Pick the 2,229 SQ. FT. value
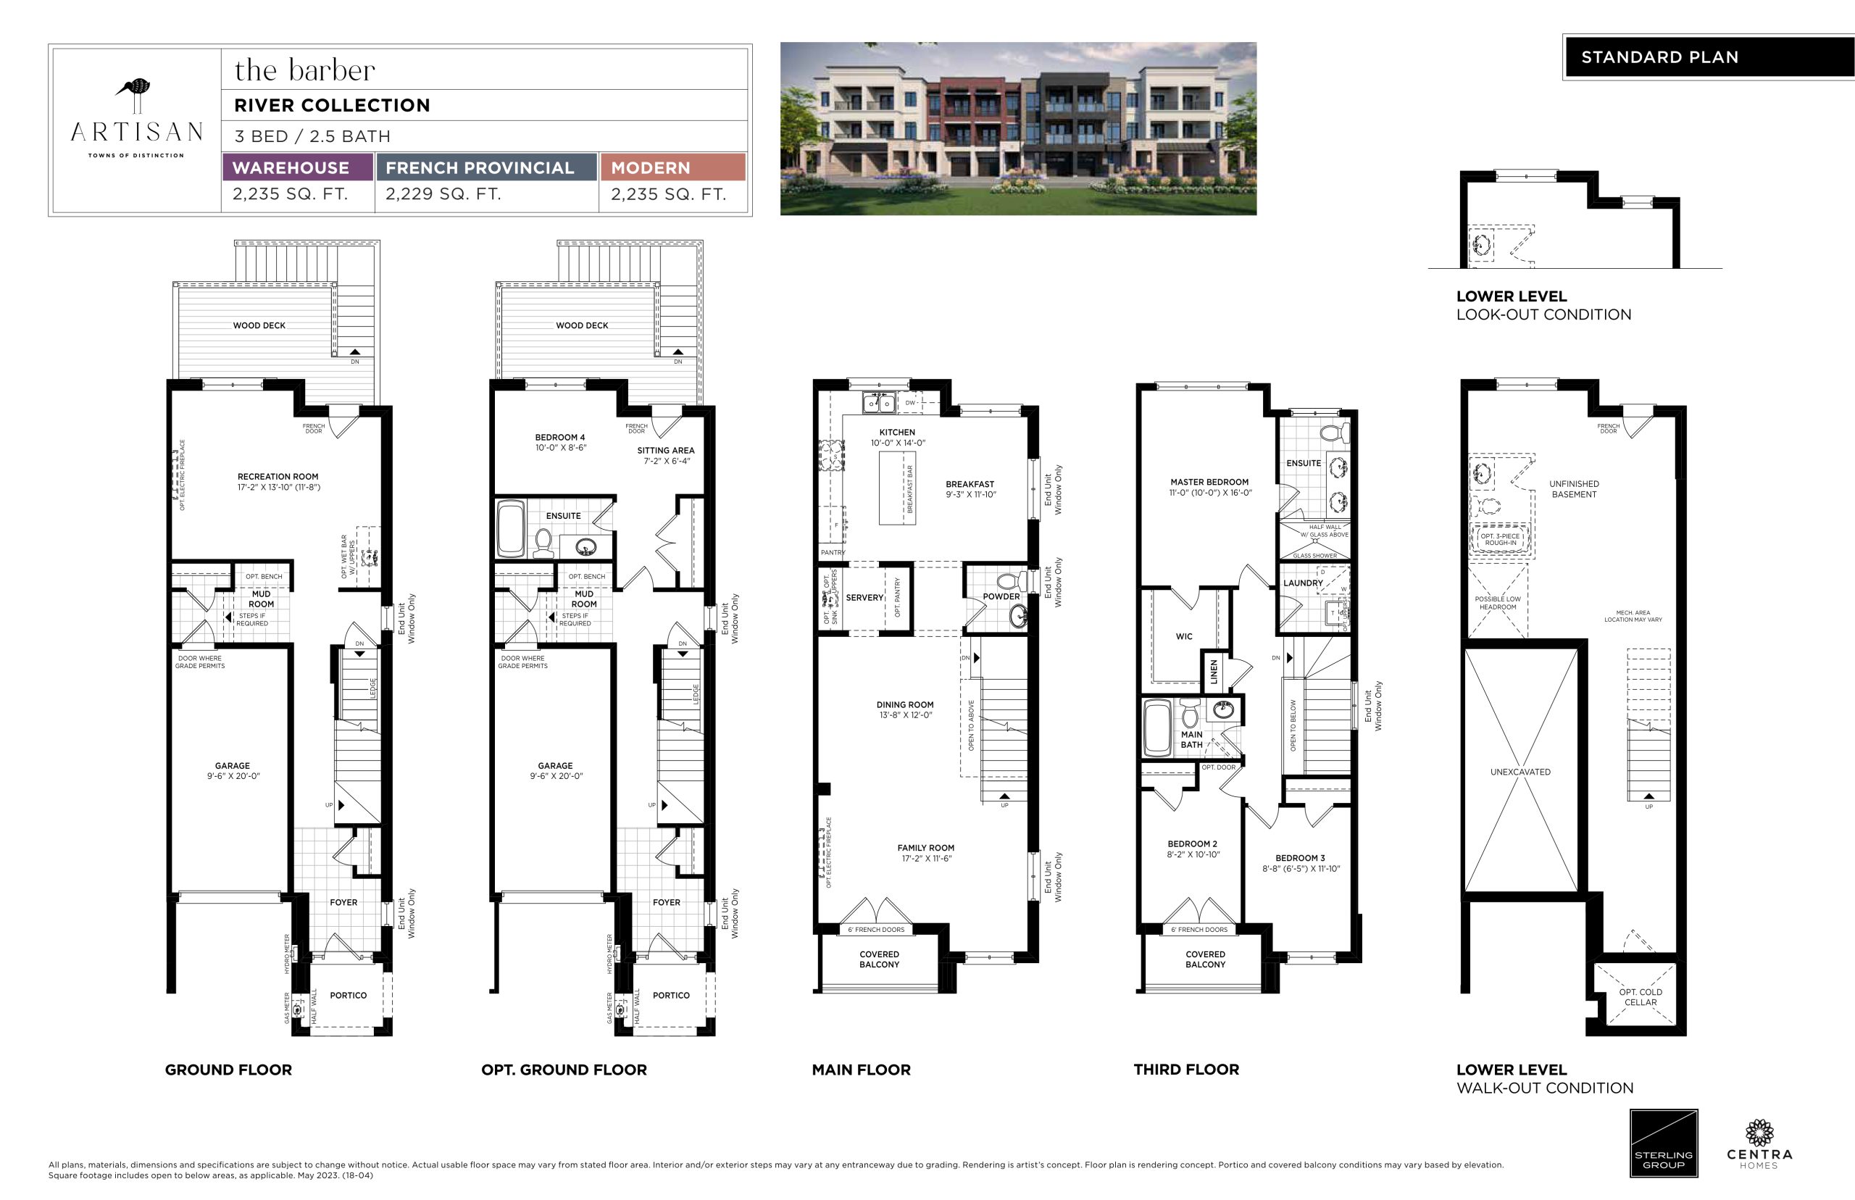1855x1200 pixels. tap(443, 194)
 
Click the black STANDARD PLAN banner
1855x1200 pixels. tap(1709, 57)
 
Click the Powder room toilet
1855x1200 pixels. tap(1011, 580)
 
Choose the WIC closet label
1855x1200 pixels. tap(1184, 637)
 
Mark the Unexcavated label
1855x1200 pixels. tap(1521, 772)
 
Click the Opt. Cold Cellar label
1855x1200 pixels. tap(1641, 997)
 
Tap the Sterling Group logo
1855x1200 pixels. tap(1664, 1143)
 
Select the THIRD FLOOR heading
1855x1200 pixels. tap(1186, 1070)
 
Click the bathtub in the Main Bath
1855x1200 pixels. tap(1157, 728)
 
